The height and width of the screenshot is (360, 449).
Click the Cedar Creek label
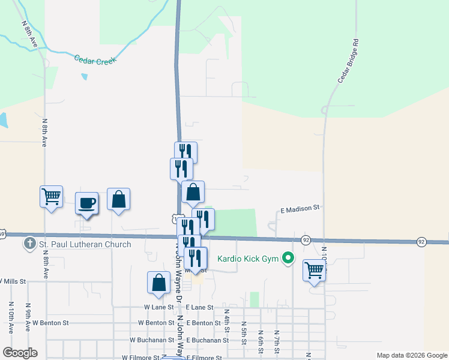click(x=94, y=59)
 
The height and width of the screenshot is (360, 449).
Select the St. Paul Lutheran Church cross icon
click(x=29, y=244)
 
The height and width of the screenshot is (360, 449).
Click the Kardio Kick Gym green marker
click(x=288, y=258)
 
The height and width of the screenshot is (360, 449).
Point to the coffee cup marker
click(x=86, y=203)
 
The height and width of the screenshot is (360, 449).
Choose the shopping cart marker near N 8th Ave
click(x=52, y=196)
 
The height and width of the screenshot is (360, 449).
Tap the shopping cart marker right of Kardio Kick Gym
click(x=314, y=270)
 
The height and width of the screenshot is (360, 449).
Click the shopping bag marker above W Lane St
click(x=158, y=283)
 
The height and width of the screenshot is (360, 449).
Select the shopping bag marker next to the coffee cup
click(x=119, y=199)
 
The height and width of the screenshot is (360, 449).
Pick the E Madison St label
click(x=300, y=209)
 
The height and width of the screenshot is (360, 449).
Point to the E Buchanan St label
click(x=207, y=340)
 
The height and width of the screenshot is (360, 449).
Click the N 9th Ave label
click(x=28, y=321)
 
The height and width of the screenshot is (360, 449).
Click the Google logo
click(x=20, y=353)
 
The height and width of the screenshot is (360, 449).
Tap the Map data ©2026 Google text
click(x=412, y=355)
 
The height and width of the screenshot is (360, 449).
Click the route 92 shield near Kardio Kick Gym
click(x=305, y=240)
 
